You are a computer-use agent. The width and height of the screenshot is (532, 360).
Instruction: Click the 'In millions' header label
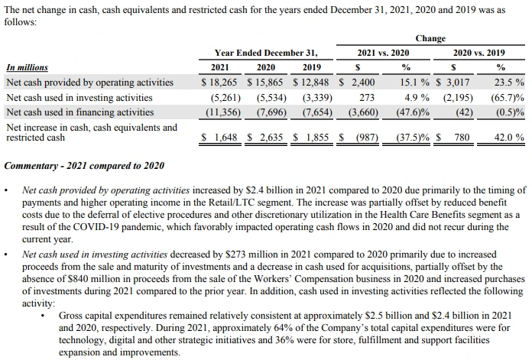click(x=27, y=67)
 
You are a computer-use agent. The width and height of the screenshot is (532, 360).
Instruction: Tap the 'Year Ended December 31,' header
click(x=265, y=53)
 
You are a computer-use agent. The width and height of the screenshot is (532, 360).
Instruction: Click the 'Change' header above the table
click(x=430, y=38)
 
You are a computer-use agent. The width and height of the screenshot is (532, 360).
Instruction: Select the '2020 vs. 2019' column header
click(x=478, y=53)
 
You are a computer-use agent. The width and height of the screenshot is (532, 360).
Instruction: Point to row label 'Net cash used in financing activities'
click(x=79, y=112)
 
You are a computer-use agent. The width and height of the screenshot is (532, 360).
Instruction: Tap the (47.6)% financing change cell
click(x=413, y=112)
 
